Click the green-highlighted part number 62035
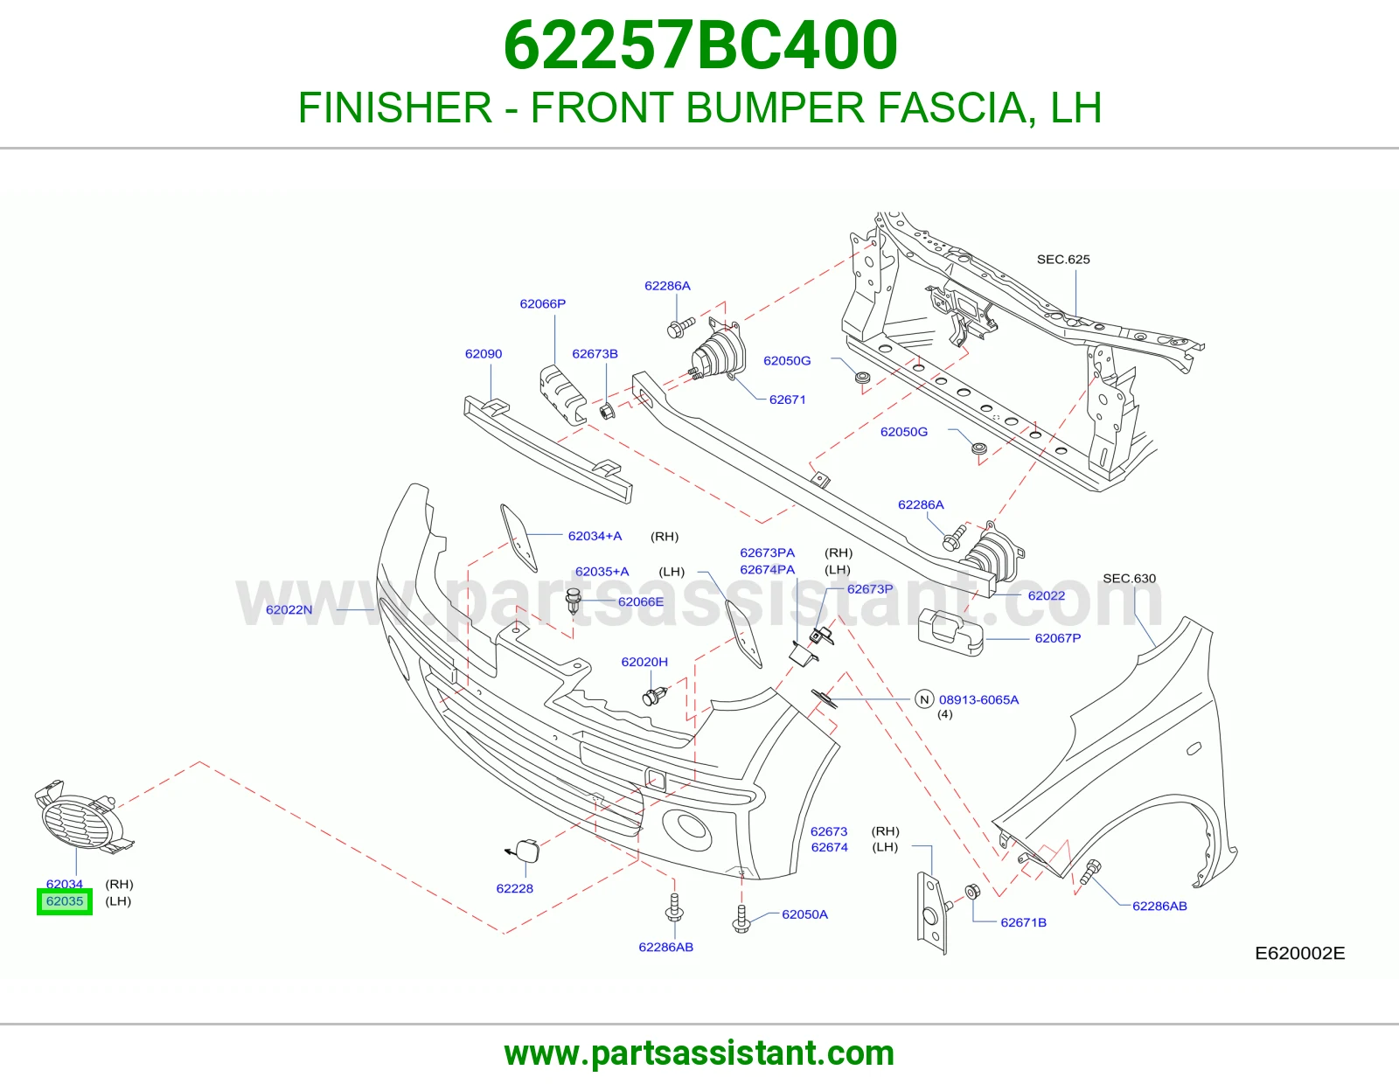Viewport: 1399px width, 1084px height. (x=65, y=901)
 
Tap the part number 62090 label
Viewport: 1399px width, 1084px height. (x=484, y=353)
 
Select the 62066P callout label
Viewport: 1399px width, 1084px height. (x=543, y=304)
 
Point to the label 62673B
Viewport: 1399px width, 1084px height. (x=595, y=353)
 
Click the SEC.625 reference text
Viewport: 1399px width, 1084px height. (x=1063, y=260)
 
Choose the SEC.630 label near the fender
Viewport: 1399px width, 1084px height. (x=1129, y=578)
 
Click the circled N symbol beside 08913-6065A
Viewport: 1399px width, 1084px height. (x=924, y=699)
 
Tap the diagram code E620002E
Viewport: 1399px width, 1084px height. (x=1300, y=953)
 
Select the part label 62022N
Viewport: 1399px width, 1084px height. (x=289, y=609)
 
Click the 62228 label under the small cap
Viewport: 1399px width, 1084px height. (x=514, y=888)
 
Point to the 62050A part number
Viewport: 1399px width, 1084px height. (x=804, y=914)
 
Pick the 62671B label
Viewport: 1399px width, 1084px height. (x=1024, y=922)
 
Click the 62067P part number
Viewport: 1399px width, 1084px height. (x=1058, y=638)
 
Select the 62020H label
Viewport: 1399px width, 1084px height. (x=644, y=662)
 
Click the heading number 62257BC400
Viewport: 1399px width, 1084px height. (x=699, y=45)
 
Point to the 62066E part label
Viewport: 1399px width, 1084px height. (x=641, y=601)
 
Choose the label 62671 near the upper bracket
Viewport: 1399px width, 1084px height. (x=788, y=400)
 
